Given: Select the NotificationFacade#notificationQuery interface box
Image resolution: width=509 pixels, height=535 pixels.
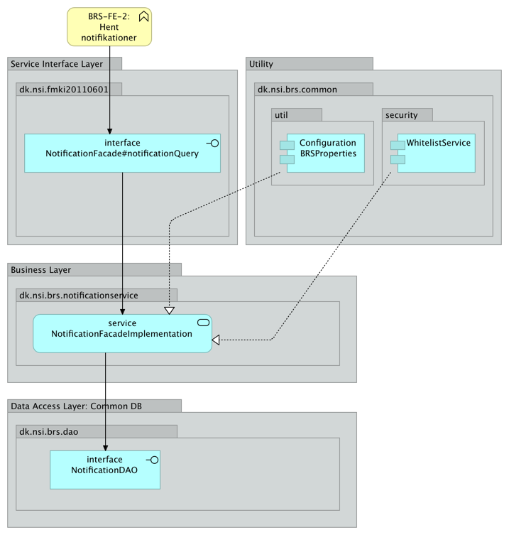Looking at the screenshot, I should pyautogui.click(x=122, y=153).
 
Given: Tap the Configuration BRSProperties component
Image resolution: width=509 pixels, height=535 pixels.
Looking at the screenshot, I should pyautogui.click(x=326, y=153).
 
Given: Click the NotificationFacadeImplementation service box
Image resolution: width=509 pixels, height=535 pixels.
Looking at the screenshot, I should pyautogui.click(x=122, y=333).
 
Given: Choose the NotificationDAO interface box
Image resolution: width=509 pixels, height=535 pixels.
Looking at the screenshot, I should pyautogui.click(x=105, y=470).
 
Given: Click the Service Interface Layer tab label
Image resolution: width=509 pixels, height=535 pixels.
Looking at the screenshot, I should pyautogui.click(x=57, y=64).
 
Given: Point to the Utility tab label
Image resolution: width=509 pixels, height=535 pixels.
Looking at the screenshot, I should pyautogui.click(x=261, y=64).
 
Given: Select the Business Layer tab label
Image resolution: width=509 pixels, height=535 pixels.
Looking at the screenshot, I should pyautogui.click(x=40, y=270).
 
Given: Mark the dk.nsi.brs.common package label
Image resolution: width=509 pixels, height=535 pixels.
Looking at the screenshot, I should pyautogui.click(x=297, y=90).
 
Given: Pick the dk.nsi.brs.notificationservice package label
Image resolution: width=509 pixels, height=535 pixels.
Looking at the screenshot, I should pyautogui.click(x=79, y=295).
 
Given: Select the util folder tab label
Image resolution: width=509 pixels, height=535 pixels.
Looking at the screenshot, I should pyautogui.click(x=282, y=115).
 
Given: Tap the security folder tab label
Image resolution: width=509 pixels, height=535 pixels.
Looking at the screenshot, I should pyautogui.click(x=402, y=115).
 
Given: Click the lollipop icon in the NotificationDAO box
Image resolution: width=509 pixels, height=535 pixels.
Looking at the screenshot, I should pyautogui.click(x=152, y=460).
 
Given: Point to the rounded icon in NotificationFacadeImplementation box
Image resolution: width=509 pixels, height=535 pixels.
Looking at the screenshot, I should pyautogui.click(x=203, y=323).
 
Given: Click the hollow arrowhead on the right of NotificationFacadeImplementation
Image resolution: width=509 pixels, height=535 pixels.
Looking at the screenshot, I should pyautogui.click(x=216, y=340).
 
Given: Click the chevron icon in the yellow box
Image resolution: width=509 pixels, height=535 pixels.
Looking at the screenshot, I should pyautogui.click(x=143, y=16).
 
